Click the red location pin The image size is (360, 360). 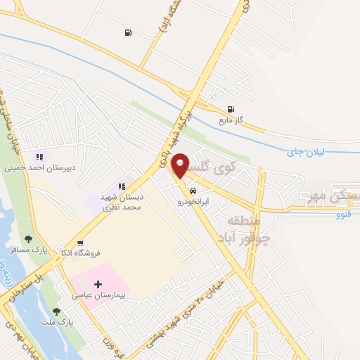(x=181, y=165)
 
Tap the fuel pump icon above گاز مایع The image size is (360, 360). (x=230, y=109)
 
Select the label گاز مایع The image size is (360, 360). (x=230, y=120)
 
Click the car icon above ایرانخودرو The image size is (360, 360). (x=193, y=189)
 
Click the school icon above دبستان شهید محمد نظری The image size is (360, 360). (x=122, y=186)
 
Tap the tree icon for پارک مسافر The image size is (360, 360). (x=28, y=239)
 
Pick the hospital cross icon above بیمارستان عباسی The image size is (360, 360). (x=97, y=284)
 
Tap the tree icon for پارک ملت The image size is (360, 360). (x=56, y=312)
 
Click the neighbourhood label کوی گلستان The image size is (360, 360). (x=210, y=169)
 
